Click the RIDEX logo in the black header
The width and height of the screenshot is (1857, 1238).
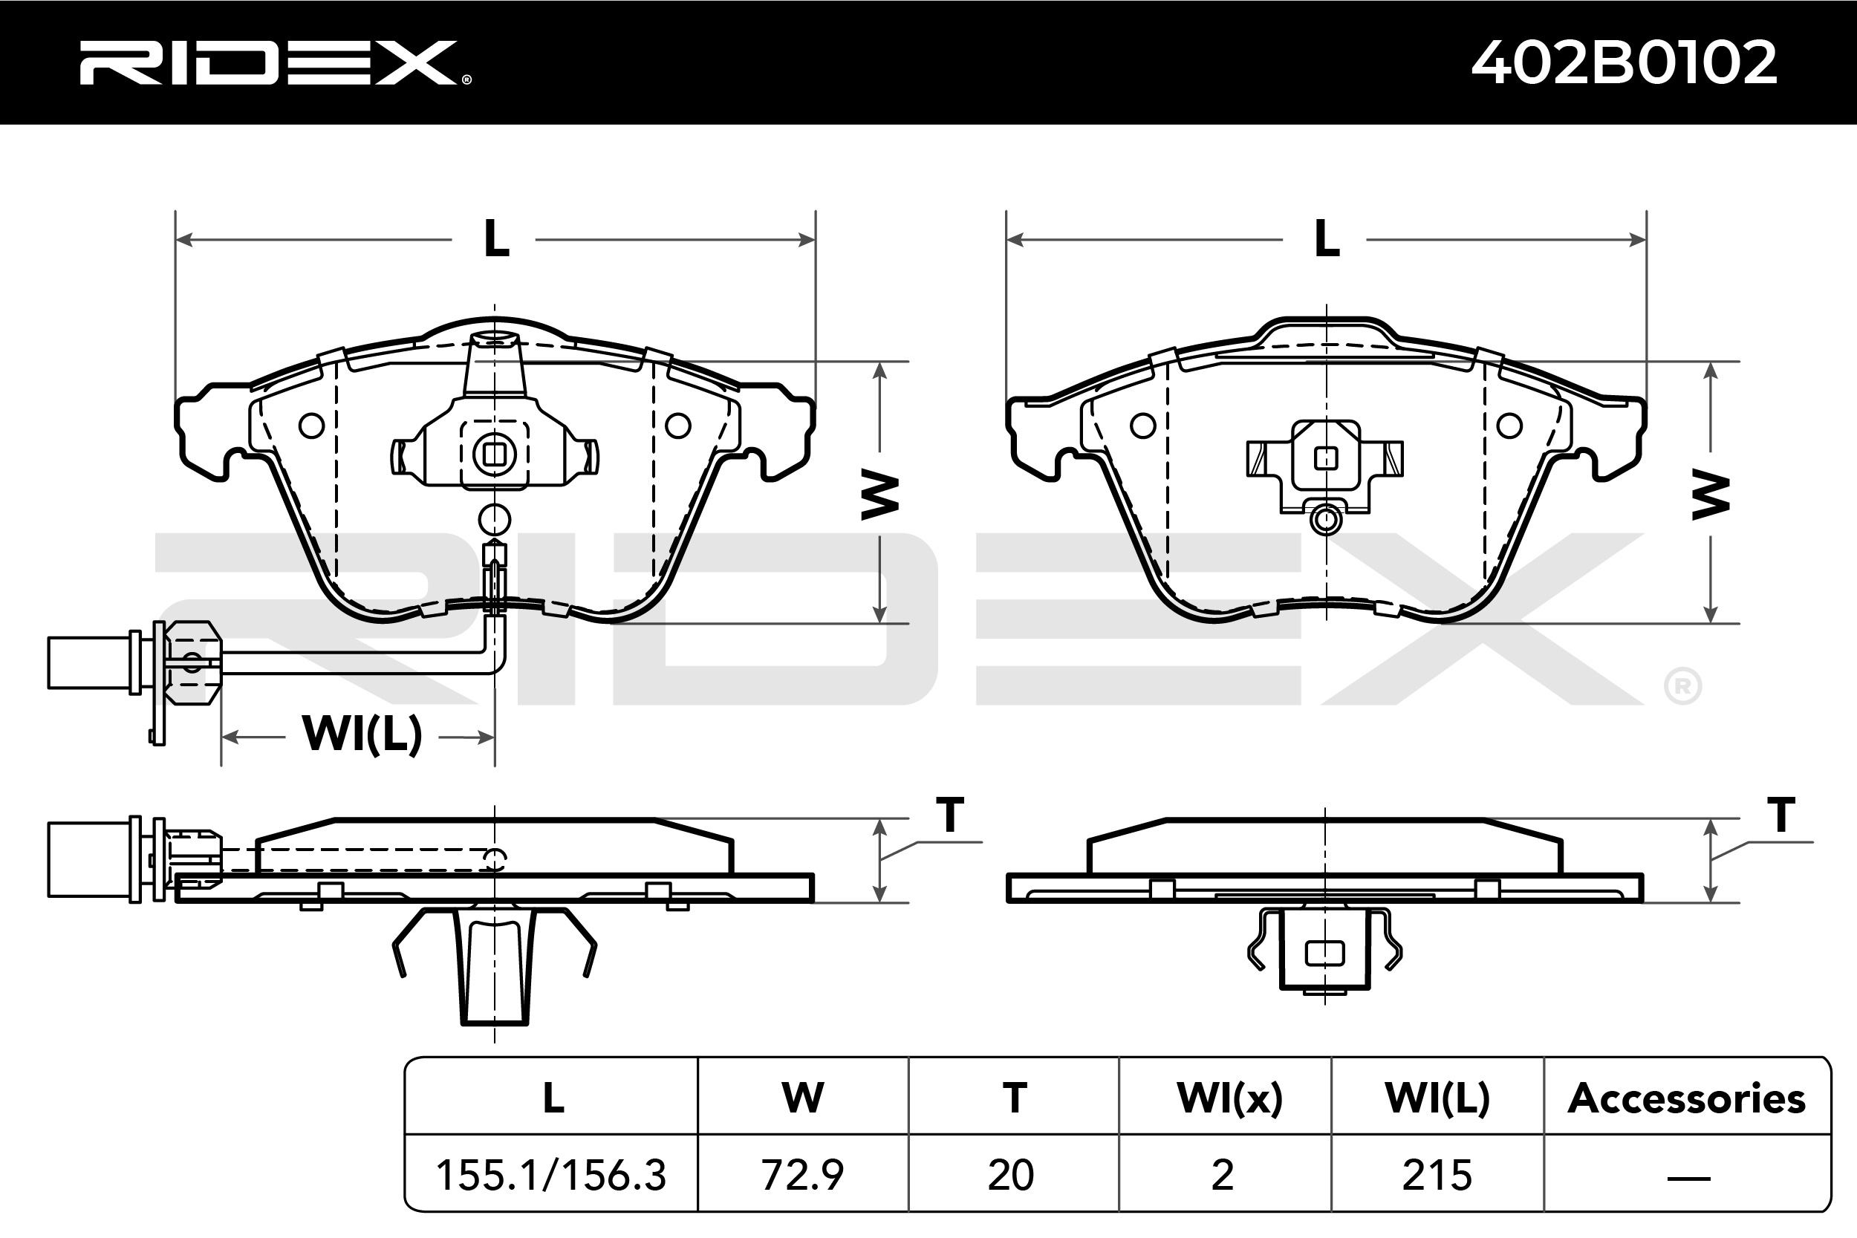pos(273,63)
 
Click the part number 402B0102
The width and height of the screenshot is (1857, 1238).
pos(1624,63)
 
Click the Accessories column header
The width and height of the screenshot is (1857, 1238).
pos(1686,1098)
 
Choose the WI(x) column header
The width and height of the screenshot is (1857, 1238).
pos(1229,1098)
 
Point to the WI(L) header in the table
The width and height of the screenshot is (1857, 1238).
pos(1437,1098)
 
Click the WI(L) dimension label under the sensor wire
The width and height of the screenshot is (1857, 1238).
pos(362,734)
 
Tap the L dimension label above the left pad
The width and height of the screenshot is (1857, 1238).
pos(496,238)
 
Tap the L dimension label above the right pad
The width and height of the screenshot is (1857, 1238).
pos(1327,238)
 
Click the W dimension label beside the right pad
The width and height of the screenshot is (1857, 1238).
pos(1710,495)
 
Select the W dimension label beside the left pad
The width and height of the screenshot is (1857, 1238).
pos(879,495)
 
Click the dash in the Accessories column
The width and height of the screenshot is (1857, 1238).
pos(1688,1178)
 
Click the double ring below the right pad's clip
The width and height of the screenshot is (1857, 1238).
pos(1327,521)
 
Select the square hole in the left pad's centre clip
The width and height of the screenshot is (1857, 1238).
pos(495,455)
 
